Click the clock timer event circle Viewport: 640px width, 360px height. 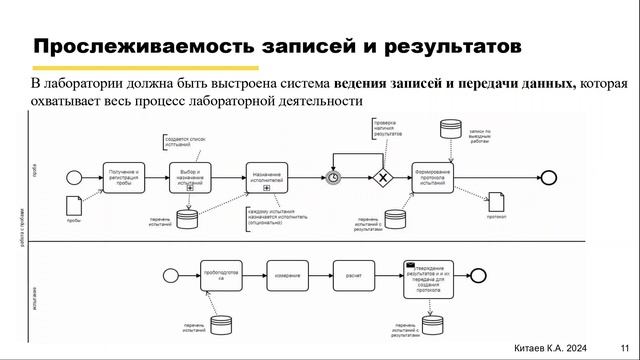click(x=333, y=178)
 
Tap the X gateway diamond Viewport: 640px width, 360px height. click(x=382, y=178)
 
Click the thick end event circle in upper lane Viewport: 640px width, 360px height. click(x=495, y=177)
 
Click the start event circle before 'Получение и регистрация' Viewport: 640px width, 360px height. click(x=72, y=177)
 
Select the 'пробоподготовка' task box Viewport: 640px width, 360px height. click(x=222, y=275)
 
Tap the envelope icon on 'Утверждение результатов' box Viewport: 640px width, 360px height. click(x=410, y=265)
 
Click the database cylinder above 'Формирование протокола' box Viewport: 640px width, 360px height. click(x=449, y=130)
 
